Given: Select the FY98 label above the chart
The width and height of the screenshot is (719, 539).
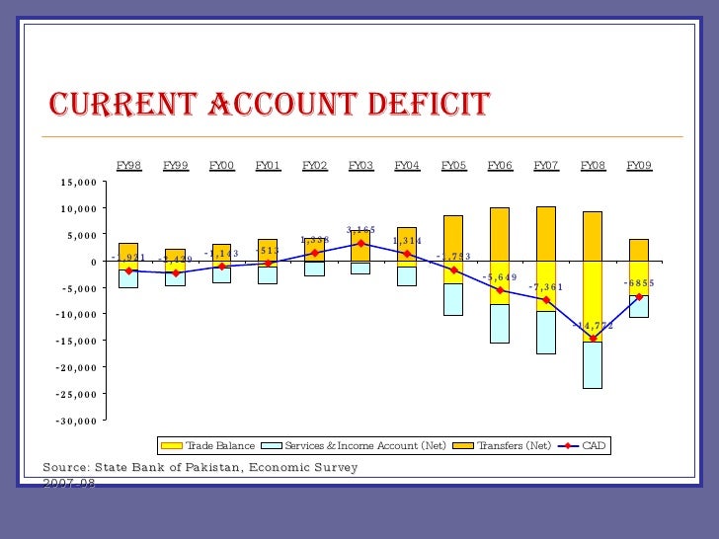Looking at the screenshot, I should click(x=128, y=166).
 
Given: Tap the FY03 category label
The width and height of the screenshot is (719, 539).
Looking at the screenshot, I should click(x=360, y=166).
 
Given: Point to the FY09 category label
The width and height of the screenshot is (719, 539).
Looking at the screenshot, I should click(x=639, y=166).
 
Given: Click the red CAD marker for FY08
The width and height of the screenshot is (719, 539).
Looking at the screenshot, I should click(x=593, y=340).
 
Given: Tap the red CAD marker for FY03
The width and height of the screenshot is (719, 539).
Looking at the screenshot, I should click(x=360, y=243).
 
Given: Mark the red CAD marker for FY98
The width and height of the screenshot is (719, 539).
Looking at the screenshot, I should click(x=128, y=270).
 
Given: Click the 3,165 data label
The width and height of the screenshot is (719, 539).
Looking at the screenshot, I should click(x=360, y=230).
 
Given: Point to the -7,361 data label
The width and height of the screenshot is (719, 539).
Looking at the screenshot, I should click(x=547, y=287).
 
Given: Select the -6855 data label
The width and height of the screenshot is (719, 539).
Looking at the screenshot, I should click(x=638, y=283).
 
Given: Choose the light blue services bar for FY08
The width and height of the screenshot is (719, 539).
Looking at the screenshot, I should click(x=593, y=364).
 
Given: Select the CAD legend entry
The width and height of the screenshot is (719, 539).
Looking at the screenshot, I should click(x=594, y=446).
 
